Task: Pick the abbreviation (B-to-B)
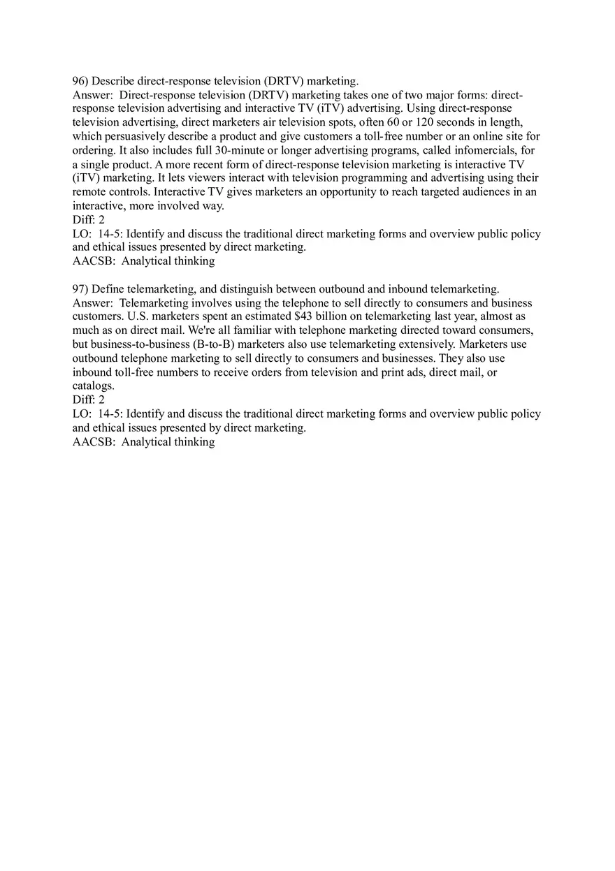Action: (213, 344)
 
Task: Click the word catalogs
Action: (93, 386)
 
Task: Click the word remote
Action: (89, 192)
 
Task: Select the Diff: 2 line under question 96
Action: (89, 220)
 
